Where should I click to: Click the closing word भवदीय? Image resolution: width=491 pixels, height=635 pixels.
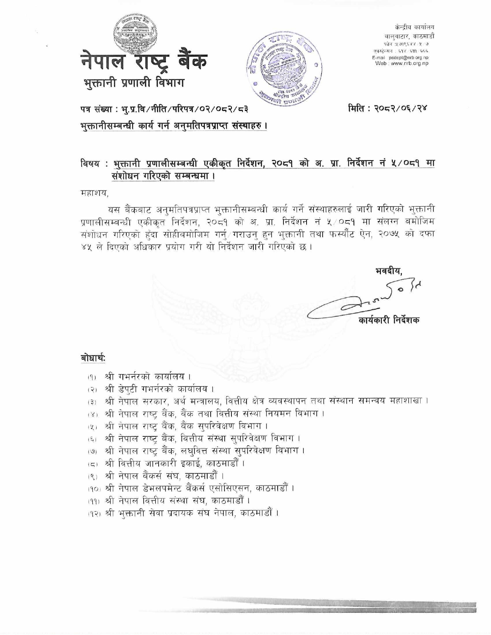click(389, 271)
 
